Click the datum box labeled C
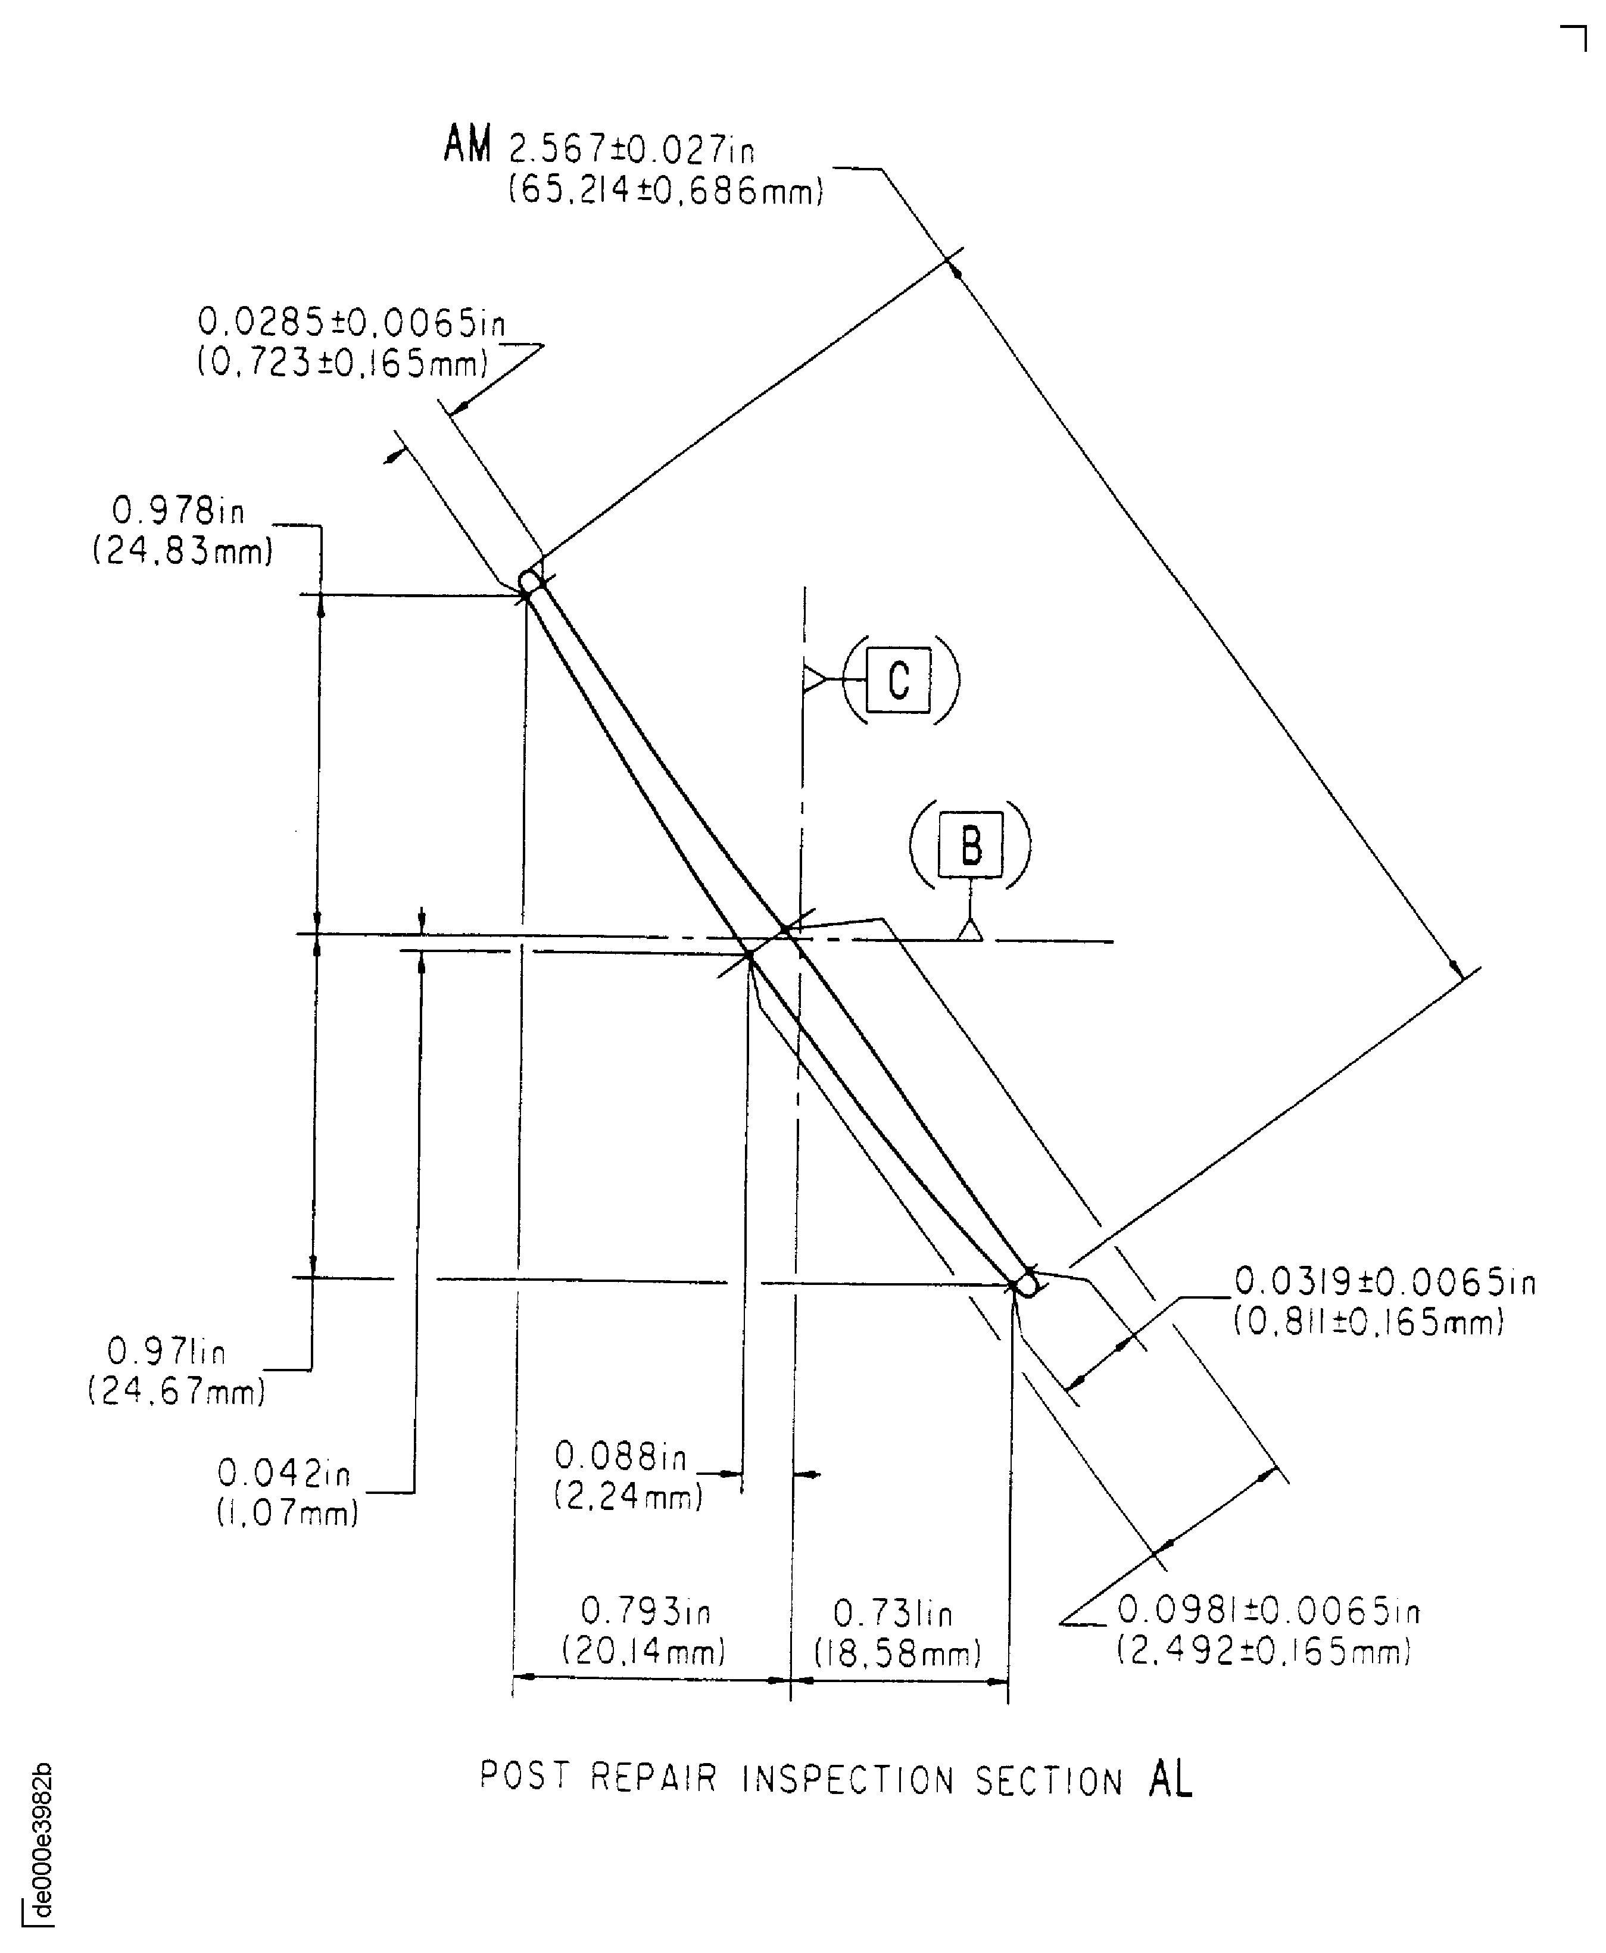click(897, 680)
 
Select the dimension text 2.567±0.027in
click(632, 148)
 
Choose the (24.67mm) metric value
click(177, 1390)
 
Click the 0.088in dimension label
click(620, 1456)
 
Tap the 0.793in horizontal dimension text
click(645, 1612)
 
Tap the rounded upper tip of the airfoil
click(530, 581)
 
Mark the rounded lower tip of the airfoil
click(1025, 1285)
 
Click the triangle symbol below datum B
click(969, 930)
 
